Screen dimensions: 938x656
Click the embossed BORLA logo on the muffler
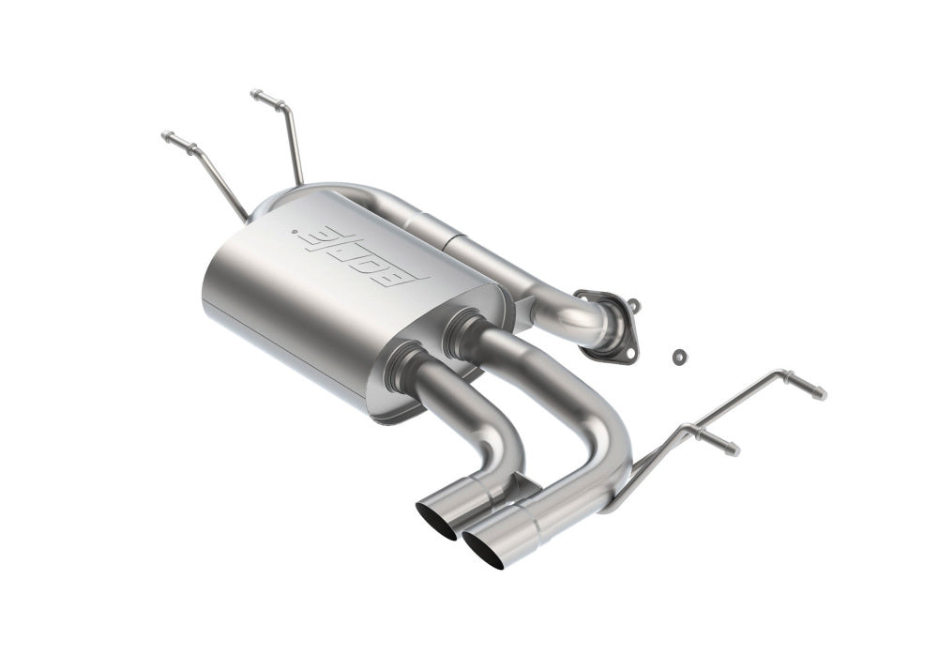[364, 254]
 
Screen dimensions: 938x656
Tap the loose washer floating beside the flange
[679, 357]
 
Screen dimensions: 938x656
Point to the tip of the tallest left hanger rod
[255, 93]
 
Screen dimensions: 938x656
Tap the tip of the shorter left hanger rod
[166, 135]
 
